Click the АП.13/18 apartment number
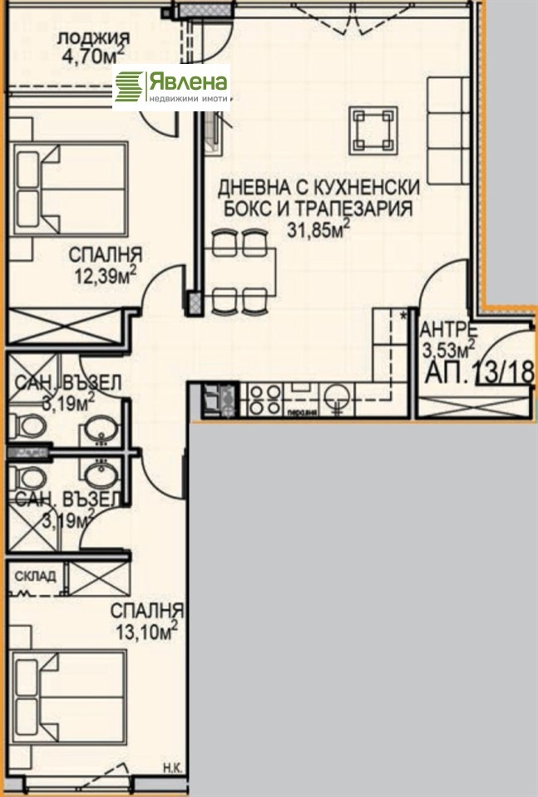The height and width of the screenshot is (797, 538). coord(478,371)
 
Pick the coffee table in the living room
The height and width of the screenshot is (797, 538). coord(371,130)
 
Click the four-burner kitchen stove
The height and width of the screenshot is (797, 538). coord(264,394)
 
